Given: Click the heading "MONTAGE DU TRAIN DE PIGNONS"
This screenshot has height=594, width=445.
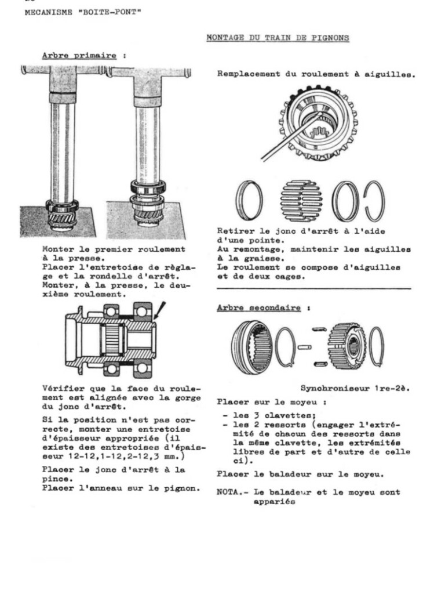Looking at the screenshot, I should (x=278, y=38).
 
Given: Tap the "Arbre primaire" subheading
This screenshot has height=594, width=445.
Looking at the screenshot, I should (x=80, y=56).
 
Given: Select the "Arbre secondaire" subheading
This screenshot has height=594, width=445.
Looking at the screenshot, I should (x=258, y=307).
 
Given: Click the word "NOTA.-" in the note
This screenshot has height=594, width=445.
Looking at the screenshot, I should (x=231, y=492).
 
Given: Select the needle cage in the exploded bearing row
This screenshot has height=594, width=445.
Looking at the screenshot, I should (x=301, y=201).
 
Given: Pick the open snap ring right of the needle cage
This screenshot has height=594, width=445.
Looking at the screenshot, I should (x=379, y=201).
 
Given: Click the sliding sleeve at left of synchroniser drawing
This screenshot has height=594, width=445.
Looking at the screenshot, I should (x=250, y=346).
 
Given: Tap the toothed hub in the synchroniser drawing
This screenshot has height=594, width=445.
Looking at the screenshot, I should (x=346, y=347).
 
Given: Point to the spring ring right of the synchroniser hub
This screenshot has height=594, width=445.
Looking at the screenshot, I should (x=377, y=347).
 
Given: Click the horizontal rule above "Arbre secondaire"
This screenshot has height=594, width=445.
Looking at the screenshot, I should (x=313, y=288).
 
